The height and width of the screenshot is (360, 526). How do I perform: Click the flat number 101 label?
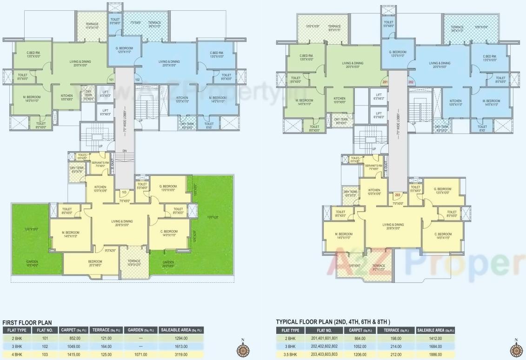pyautogui.click(x=111, y=80)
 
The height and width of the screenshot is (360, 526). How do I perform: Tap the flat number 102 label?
pyautogui.click(x=138, y=80)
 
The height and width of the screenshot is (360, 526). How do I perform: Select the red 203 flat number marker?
pyautogui.click(x=397, y=195)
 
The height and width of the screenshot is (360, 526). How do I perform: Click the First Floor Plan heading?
pyautogui.click(x=27, y=322)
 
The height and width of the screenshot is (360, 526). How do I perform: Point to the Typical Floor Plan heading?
pyautogui.click(x=333, y=322)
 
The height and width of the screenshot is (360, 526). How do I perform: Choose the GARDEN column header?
pyautogui.click(x=140, y=330)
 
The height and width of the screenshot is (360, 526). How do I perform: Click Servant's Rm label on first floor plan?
pyautogui.click(x=101, y=164)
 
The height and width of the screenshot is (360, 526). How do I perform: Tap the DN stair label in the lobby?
pyautogui.click(x=124, y=151)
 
